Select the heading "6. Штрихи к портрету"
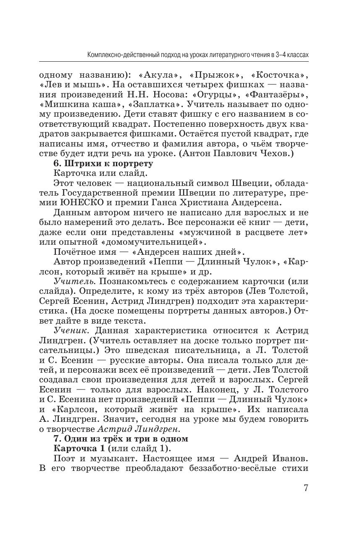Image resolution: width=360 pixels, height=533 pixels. (x=103, y=164)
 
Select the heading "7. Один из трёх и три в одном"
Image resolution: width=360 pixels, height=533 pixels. (x=121, y=439)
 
